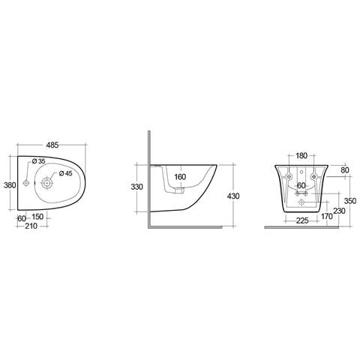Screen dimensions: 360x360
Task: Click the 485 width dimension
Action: (52, 145)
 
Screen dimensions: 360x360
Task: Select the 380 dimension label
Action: (10, 185)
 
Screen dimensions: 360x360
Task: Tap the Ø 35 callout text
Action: (38, 161)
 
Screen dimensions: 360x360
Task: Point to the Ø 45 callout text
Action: (65, 173)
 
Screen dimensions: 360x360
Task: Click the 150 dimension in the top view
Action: (37, 217)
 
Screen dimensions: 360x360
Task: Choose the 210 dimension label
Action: (31, 226)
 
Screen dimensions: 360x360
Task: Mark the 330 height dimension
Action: (136, 187)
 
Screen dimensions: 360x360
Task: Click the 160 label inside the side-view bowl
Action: (180, 177)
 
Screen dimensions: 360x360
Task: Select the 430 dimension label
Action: (233, 196)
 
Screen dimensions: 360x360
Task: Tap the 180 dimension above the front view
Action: (301, 156)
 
